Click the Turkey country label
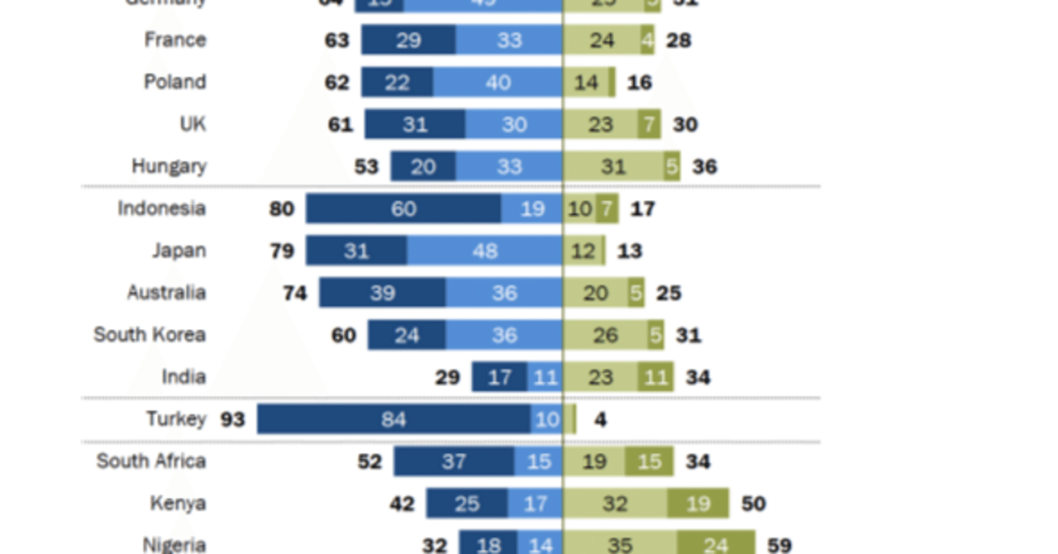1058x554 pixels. tap(175, 419)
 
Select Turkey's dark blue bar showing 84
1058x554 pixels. tap(393, 419)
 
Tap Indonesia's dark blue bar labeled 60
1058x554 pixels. tap(403, 208)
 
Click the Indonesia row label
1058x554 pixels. tap(161, 208)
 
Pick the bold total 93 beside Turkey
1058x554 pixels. tap(232, 419)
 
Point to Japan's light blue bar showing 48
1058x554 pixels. tap(484, 251)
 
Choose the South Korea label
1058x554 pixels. tap(150, 335)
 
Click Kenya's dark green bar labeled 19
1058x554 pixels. tap(698, 504)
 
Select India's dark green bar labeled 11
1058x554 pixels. tap(655, 377)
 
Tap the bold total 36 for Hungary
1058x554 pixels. tap(704, 166)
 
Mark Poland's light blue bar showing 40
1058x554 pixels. tap(498, 82)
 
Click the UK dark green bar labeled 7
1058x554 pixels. tap(649, 124)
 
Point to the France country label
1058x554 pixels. tap(175, 40)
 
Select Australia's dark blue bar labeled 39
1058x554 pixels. tap(382, 293)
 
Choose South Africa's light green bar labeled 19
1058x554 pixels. tap(593, 461)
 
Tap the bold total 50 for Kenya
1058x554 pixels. tap(753, 504)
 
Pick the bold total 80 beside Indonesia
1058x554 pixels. tap(282, 208)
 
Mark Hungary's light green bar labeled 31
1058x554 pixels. tap(613, 166)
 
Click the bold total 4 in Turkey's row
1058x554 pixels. tap(600, 419)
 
